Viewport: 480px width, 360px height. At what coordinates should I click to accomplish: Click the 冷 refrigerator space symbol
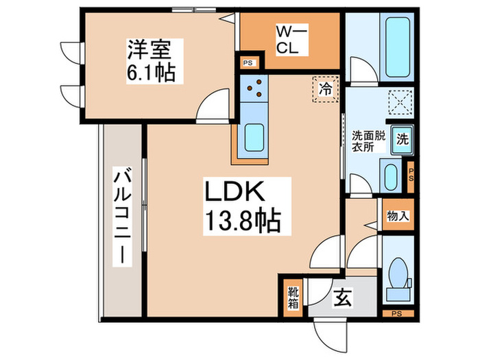tap(326, 88)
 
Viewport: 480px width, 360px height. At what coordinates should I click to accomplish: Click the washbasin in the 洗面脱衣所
tap(389, 178)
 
